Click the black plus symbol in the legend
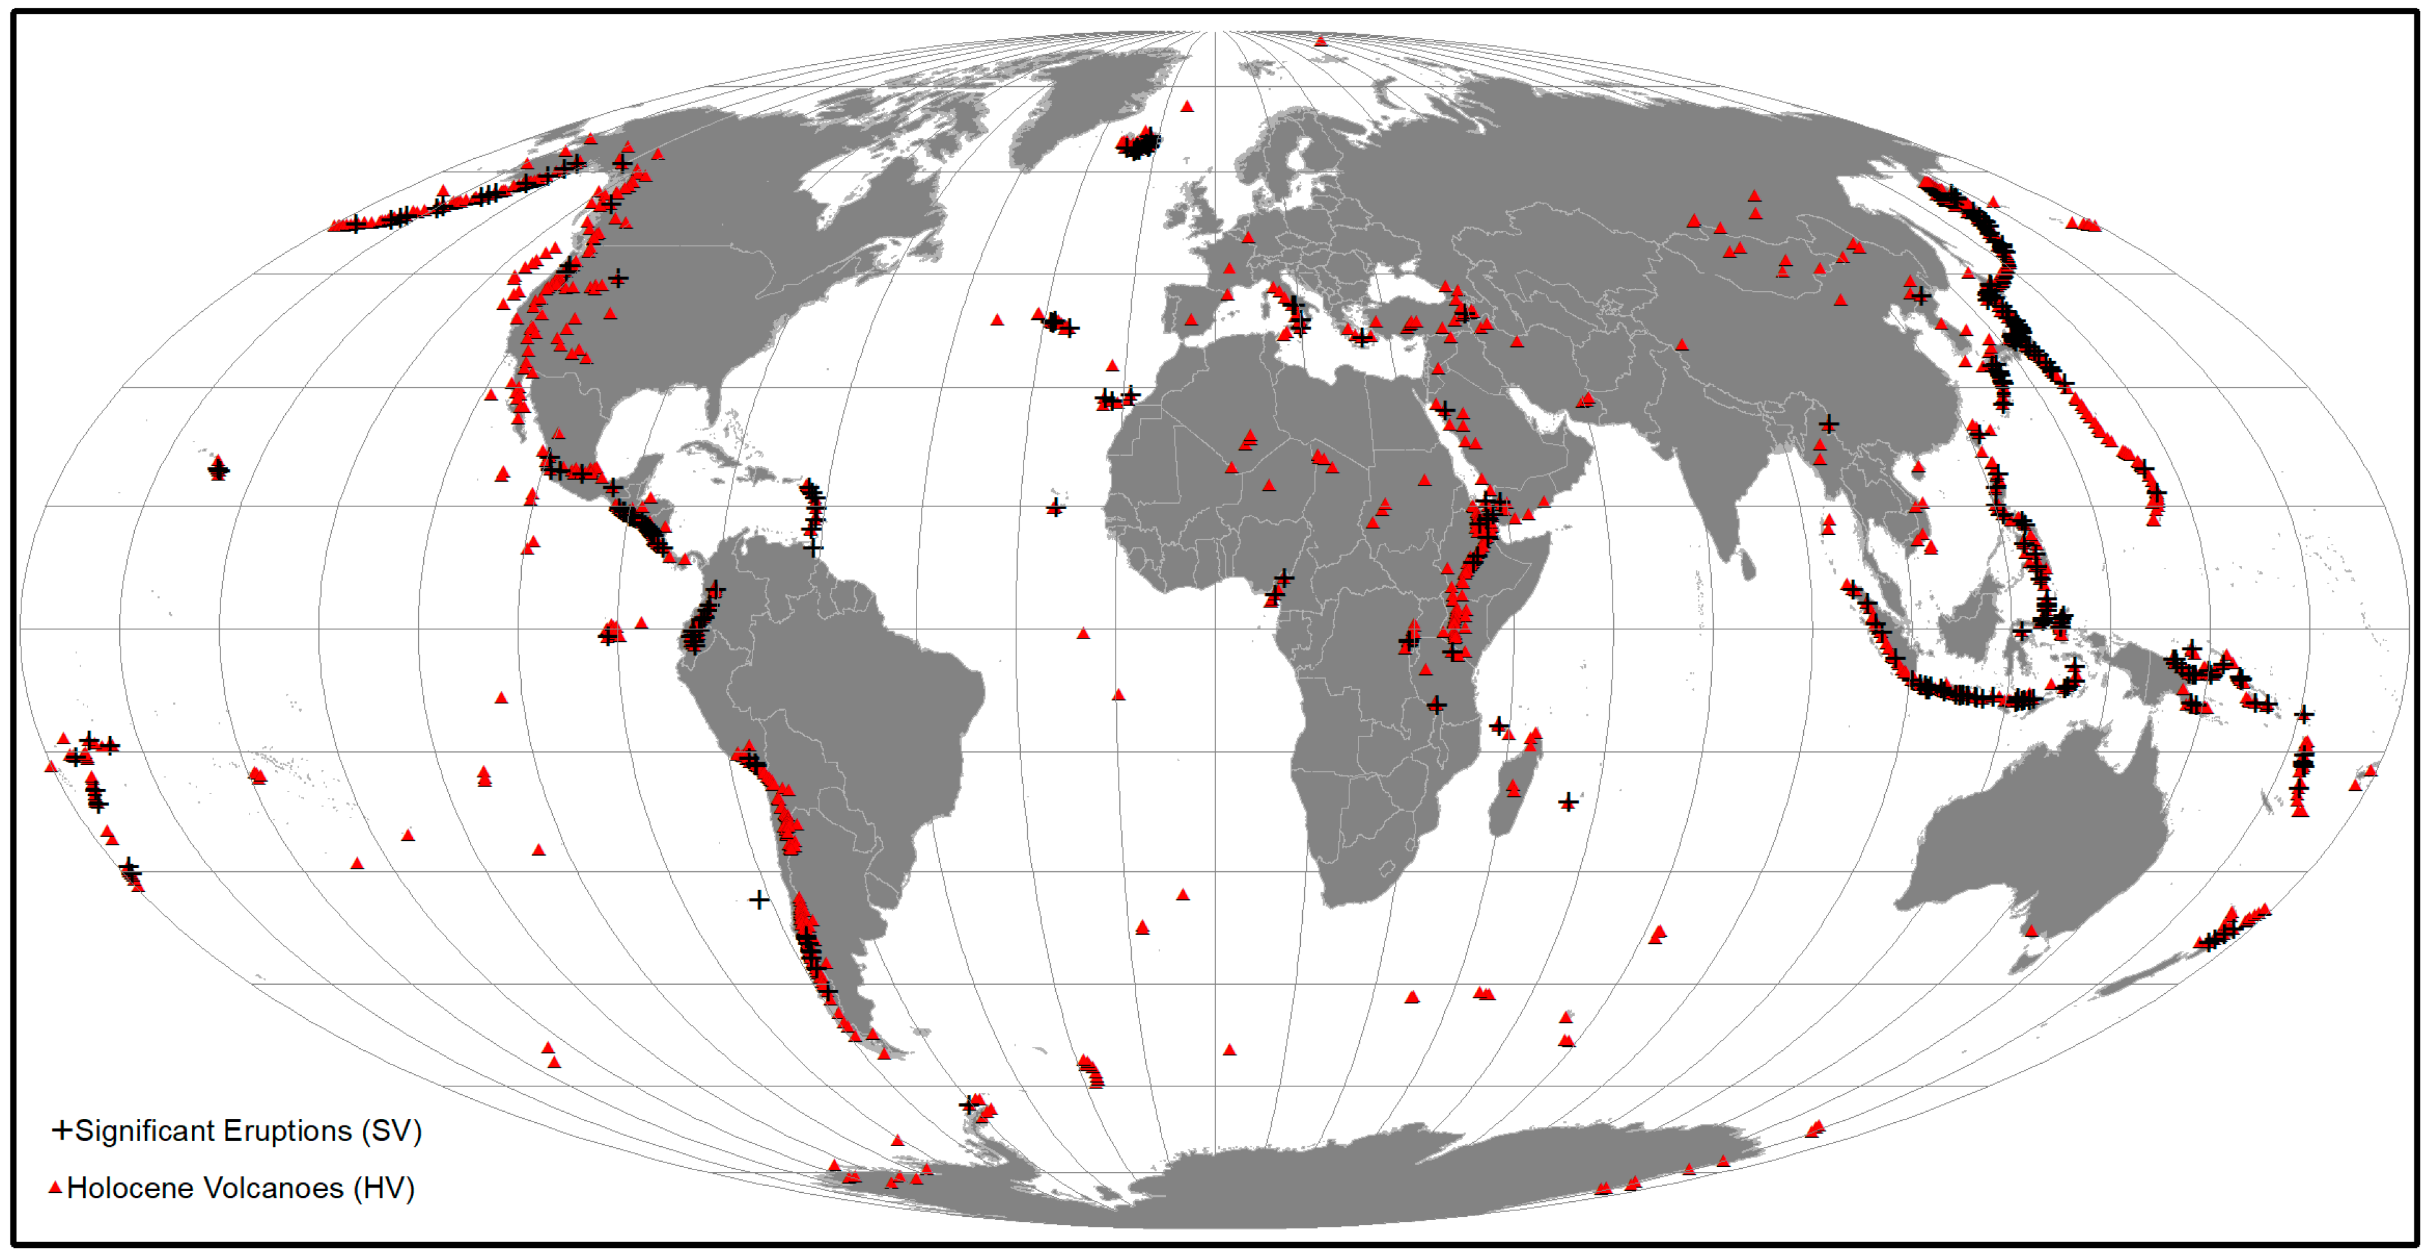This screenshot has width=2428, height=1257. tap(62, 1130)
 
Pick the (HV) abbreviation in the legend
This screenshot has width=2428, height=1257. tap(384, 1188)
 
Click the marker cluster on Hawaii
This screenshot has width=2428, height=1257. tap(218, 467)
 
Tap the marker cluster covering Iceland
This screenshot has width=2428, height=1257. tap(1138, 145)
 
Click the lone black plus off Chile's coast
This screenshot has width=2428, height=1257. tap(759, 900)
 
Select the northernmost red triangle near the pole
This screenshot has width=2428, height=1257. tap(1320, 41)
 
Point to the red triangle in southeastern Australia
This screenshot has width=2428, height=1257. tap(2031, 932)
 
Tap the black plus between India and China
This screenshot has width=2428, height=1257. tap(1828, 425)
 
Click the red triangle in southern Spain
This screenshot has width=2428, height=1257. tap(1191, 320)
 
